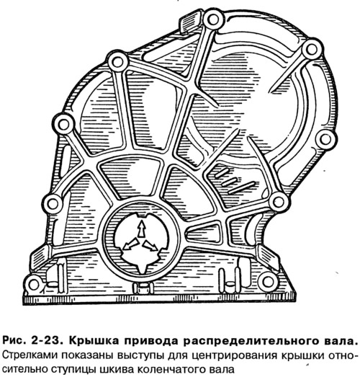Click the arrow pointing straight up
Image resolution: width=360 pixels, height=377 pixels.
pos(142,229)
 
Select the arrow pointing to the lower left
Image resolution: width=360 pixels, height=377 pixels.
pos(130,244)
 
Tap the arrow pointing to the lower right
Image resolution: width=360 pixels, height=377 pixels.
pos(150,247)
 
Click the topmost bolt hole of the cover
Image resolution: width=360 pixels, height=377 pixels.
pos(213,19)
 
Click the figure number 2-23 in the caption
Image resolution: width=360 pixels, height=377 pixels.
pos(48,341)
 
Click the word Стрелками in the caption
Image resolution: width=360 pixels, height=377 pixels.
pos(25,355)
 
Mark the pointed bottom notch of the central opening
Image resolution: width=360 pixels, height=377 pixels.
pos(142,270)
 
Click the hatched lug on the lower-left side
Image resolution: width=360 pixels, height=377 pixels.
pos(40,256)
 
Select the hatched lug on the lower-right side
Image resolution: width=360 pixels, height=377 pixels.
pos(267,255)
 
